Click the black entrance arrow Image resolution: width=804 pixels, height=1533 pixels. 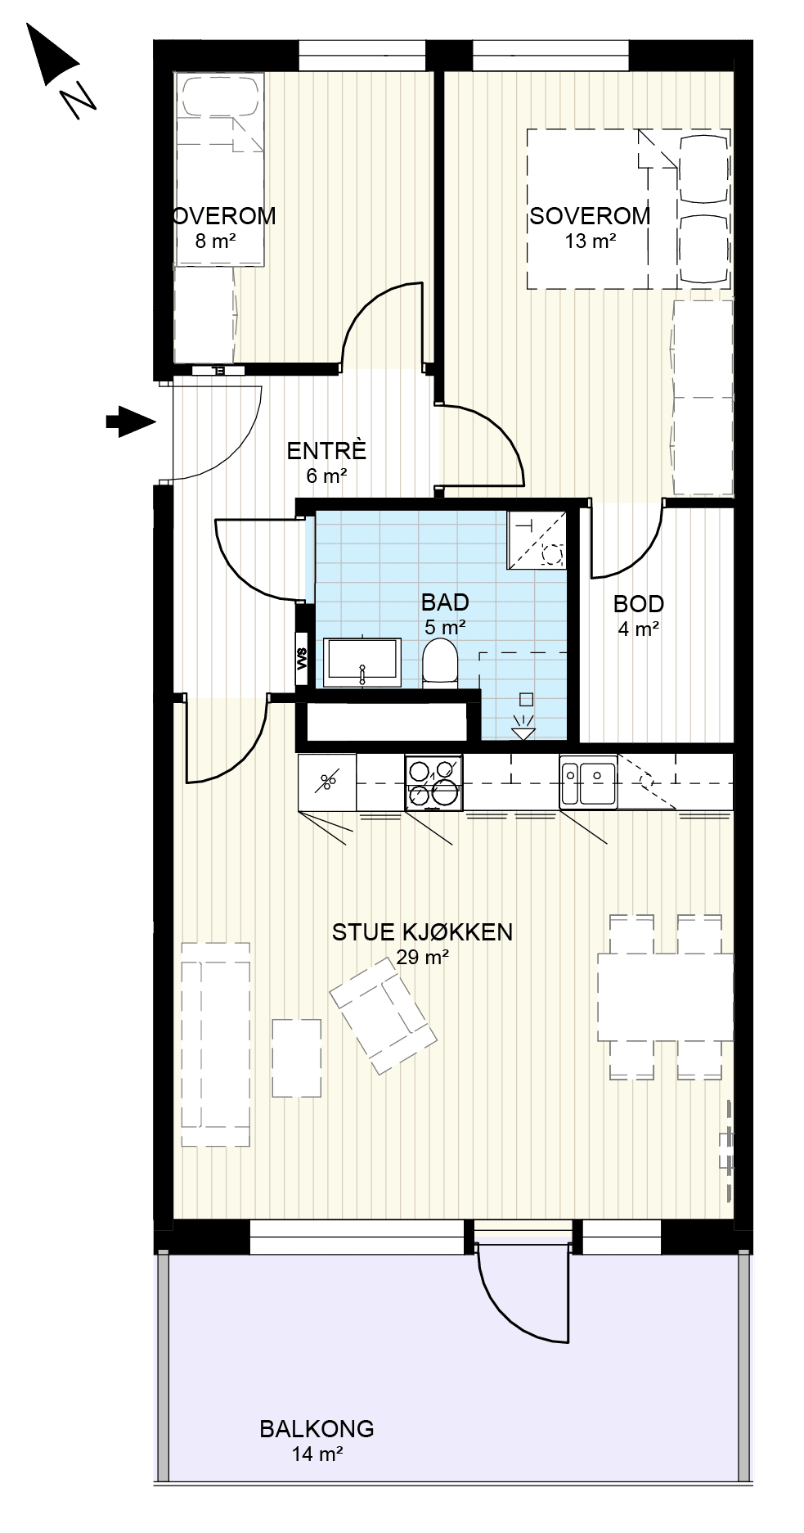pyautogui.click(x=130, y=422)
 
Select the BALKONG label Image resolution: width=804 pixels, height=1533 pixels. pyautogui.click(x=317, y=1428)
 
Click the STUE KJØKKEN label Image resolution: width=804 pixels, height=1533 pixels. pyautogui.click(x=422, y=931)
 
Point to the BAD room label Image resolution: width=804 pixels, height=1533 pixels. pyautogui.click(x=445, y=602)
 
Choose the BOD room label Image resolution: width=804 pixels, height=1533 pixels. pyautogui.click(x=639, y=604)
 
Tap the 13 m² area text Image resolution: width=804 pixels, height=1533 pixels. pyautogui.click(x=590, y=241)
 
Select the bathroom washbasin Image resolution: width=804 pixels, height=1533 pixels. pyautogui.click(x=362, y=662)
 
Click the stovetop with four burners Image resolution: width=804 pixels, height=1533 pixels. pyautogui.click(x=433, y=782)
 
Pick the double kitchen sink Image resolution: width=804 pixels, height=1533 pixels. pyautogui.click(x=588, y=782)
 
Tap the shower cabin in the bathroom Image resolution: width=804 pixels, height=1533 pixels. pyautogui.click(x=537, y=539)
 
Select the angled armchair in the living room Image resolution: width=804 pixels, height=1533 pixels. pyautogui.click(x=382, y=1015)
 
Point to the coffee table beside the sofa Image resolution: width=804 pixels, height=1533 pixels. pyautogui.click(x=296, y=1057)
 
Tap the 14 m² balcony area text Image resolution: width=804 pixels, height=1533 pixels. pyautogui.click(x=317, y=1454)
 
